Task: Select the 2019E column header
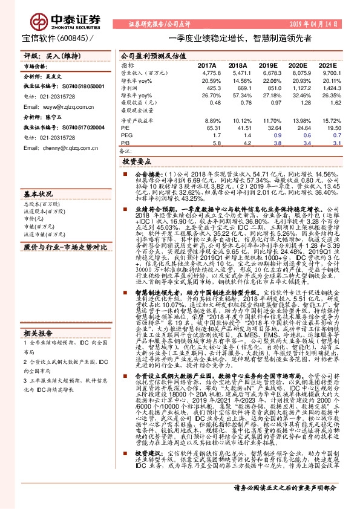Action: [x=267, y=65]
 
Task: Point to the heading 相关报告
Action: [x=36, y=332]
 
